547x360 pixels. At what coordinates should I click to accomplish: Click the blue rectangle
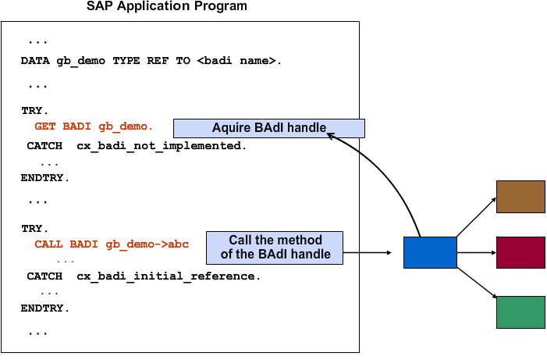point(430,252)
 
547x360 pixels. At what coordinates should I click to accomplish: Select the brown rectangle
point(520,197)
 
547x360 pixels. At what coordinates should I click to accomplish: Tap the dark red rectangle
point(520,252)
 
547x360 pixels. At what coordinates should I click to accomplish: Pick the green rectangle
point(520,312)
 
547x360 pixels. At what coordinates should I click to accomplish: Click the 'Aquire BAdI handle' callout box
point(269,128)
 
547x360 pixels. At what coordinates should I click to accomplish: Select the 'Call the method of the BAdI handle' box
point(275,248)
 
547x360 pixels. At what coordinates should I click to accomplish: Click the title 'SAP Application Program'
point(167,6)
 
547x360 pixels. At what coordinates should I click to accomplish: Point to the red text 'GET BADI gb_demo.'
point(94,126)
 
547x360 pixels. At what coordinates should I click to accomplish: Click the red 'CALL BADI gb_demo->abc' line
point(112,244)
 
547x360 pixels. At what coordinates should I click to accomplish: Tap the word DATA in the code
point(35,60)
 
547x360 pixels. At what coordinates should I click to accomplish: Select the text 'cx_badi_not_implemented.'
point(162,145)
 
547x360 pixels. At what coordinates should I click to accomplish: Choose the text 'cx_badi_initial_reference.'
point(169,276)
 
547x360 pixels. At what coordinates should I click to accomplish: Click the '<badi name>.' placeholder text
point(239,60)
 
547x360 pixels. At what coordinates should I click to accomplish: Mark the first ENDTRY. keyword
point(45,178)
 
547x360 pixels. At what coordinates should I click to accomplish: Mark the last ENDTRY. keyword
point(45,308)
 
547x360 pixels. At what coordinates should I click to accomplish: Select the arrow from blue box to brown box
point(476,217)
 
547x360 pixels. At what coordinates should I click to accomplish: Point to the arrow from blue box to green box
point(477,283)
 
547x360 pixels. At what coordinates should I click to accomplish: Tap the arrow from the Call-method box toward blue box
point(368,252)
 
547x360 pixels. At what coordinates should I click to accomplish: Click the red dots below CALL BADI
point(66,261)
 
